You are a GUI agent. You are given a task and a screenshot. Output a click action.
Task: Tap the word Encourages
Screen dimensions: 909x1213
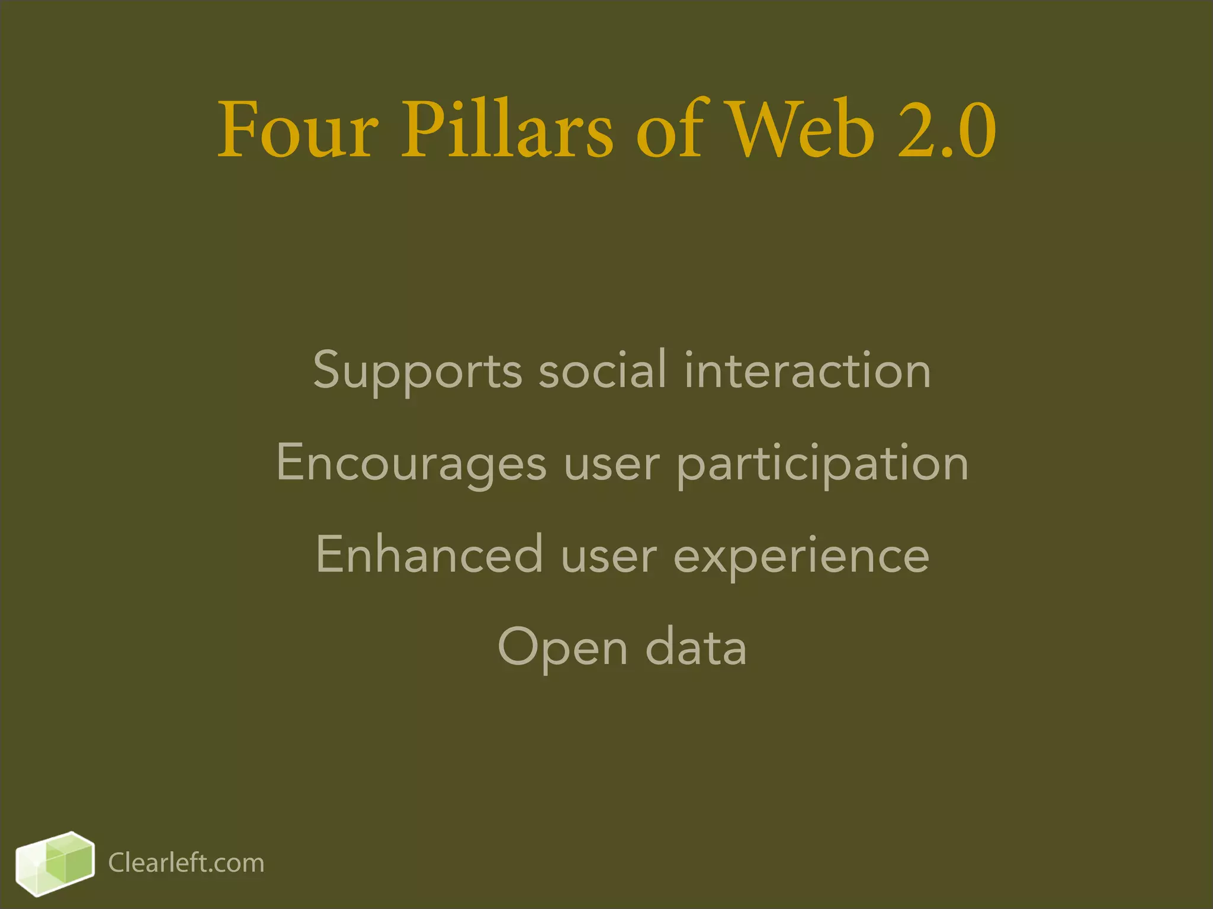[411, 464]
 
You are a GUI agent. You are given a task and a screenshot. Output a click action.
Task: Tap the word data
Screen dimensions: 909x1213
[696, 646]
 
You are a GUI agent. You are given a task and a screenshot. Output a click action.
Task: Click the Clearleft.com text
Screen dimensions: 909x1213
[186, 863]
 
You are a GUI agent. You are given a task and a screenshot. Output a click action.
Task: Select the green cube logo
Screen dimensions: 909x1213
[55, 863]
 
